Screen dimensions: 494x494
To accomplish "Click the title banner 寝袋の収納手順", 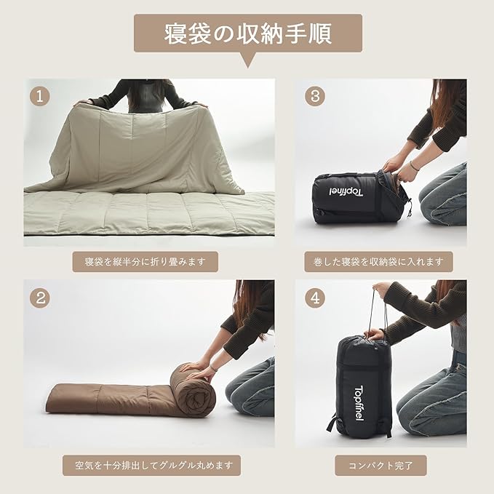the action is (248, 33).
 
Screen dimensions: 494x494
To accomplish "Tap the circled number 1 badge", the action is (40, 96).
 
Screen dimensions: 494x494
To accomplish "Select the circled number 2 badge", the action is (40, 298).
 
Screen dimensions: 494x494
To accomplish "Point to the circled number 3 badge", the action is (315, 96).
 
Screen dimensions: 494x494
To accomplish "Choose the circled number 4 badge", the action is (315, 298).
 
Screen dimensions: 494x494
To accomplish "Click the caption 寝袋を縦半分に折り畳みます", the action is (146, 261).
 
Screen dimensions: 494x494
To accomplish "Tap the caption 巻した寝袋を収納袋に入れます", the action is (378, 261).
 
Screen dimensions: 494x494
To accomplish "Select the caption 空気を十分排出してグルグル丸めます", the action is (151, 465).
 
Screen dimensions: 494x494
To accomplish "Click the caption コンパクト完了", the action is (381, 465).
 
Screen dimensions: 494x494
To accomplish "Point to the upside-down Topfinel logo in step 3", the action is (346, 192).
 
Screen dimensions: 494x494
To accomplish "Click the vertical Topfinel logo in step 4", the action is (359, 404).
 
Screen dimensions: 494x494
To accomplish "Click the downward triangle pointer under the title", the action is (248, 60).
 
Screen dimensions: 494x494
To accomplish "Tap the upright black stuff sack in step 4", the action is (360, 386).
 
